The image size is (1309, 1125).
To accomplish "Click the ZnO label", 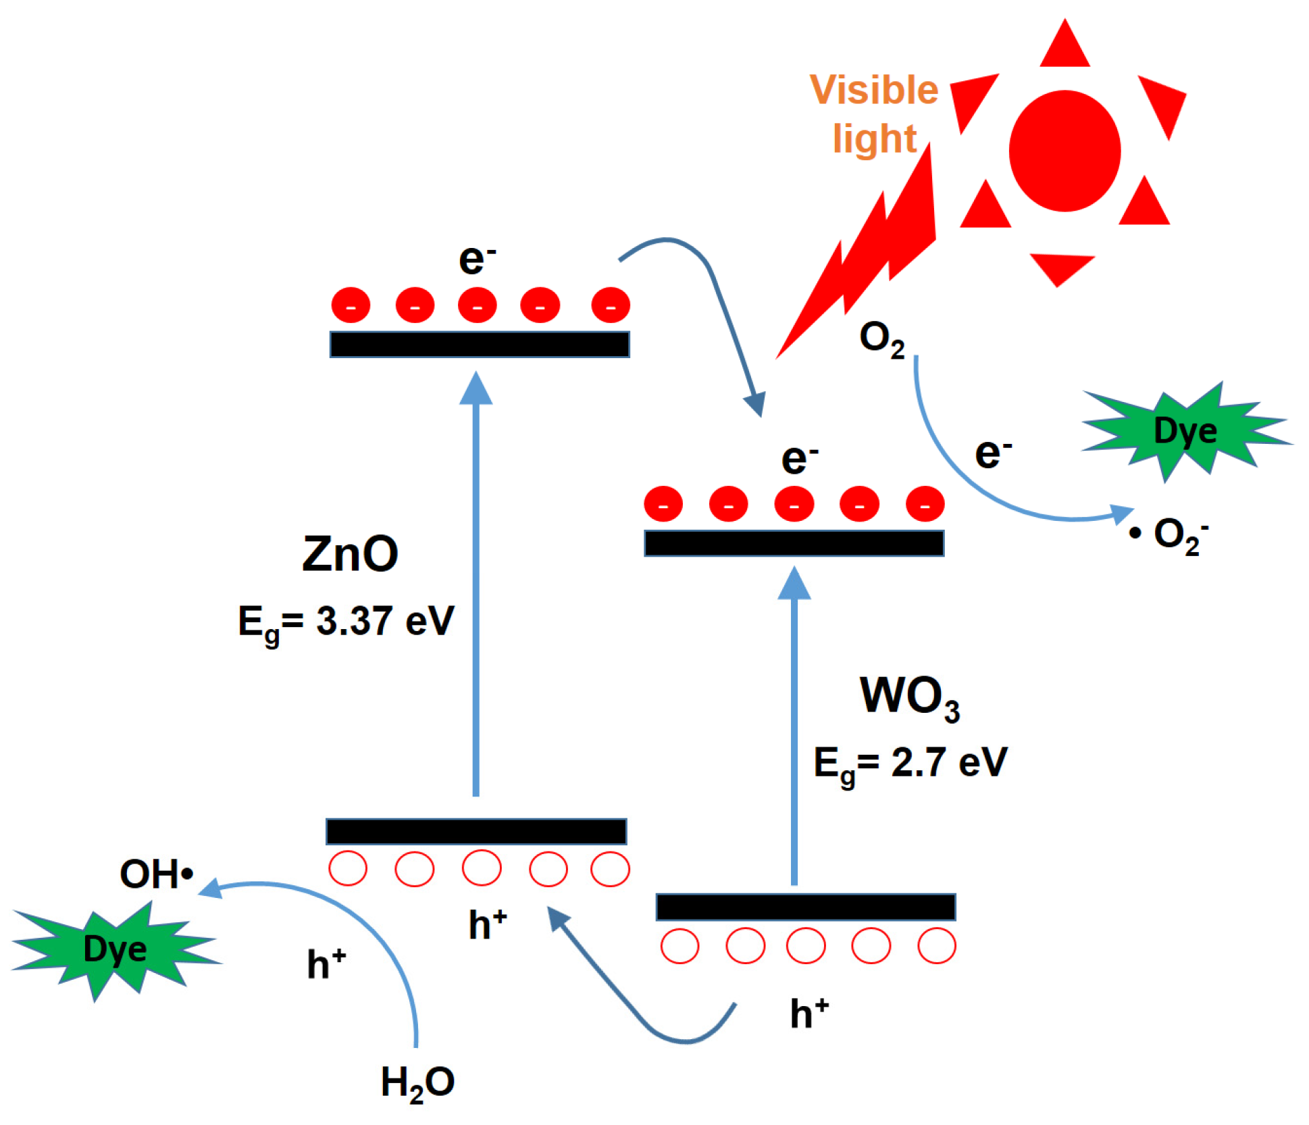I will point(350,553).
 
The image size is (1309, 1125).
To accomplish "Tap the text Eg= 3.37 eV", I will point(346,622).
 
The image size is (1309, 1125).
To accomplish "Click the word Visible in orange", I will point(873,89).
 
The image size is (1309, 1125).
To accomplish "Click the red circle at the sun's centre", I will point(1064,151).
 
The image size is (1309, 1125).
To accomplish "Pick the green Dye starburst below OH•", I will point(115,949).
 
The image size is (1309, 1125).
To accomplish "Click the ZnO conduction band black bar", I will point(479,345).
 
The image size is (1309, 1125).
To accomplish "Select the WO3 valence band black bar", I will point(805,907).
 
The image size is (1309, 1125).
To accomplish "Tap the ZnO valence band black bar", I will point(476,831).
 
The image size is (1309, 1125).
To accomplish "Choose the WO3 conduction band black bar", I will point(794,543).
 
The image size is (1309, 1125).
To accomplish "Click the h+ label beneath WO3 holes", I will point(809,1014).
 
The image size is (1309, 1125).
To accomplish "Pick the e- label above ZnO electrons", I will point(477,259).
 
